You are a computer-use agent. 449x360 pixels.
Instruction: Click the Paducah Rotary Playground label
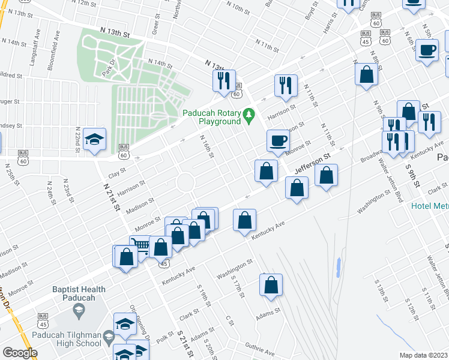(211, 116)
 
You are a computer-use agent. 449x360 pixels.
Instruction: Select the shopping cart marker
(140, 246)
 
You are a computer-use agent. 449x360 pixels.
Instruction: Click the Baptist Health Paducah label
(78, 293)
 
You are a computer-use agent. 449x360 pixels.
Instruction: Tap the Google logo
(20, 353)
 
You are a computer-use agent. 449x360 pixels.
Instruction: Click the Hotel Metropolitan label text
(430, 206)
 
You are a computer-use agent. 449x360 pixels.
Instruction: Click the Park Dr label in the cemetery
(109, 65)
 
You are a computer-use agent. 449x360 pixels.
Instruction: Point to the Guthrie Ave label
(260, 350)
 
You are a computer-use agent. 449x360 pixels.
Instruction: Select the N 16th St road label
(206, 147)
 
